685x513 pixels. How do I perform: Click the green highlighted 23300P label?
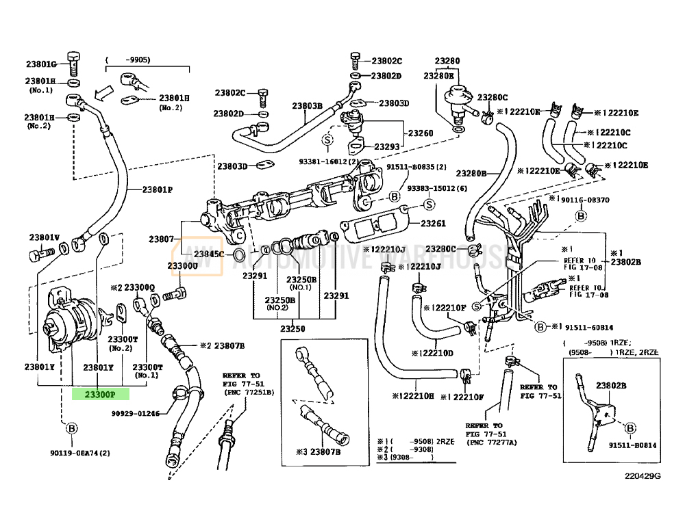101,394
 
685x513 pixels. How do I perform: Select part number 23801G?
40,64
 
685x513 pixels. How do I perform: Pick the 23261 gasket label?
433,224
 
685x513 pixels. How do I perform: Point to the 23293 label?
386,146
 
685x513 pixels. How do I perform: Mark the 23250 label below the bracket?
295,328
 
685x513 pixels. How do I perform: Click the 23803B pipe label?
307,106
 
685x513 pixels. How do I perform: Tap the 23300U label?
182,265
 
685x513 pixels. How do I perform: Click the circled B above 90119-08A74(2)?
71,429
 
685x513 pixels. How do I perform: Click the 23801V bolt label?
44,237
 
